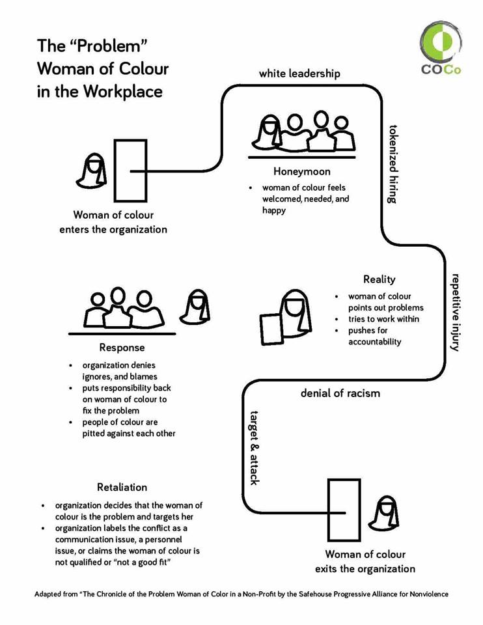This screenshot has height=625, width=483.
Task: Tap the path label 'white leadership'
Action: (299, 74)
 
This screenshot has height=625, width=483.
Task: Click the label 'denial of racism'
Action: (340, 393)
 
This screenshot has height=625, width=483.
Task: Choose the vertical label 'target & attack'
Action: (255, 447)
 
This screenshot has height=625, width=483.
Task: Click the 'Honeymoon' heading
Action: (301, 172)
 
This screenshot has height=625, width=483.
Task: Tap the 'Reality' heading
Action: (379, 279)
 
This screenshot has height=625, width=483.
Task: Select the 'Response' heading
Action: (122, 348)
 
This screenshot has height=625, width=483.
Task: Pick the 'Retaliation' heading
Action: (122, 487)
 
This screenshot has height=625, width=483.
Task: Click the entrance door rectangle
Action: (130, 171)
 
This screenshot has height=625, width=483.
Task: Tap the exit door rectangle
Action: (344, 509)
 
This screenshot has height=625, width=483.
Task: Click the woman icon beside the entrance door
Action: (91, 171)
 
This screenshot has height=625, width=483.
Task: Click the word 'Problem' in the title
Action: (104, 46)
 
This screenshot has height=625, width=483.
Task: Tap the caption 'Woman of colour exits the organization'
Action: (365, 561)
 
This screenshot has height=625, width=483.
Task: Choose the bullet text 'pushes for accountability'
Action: (374, 336)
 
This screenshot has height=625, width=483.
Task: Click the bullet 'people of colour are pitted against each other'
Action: (128, 428)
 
